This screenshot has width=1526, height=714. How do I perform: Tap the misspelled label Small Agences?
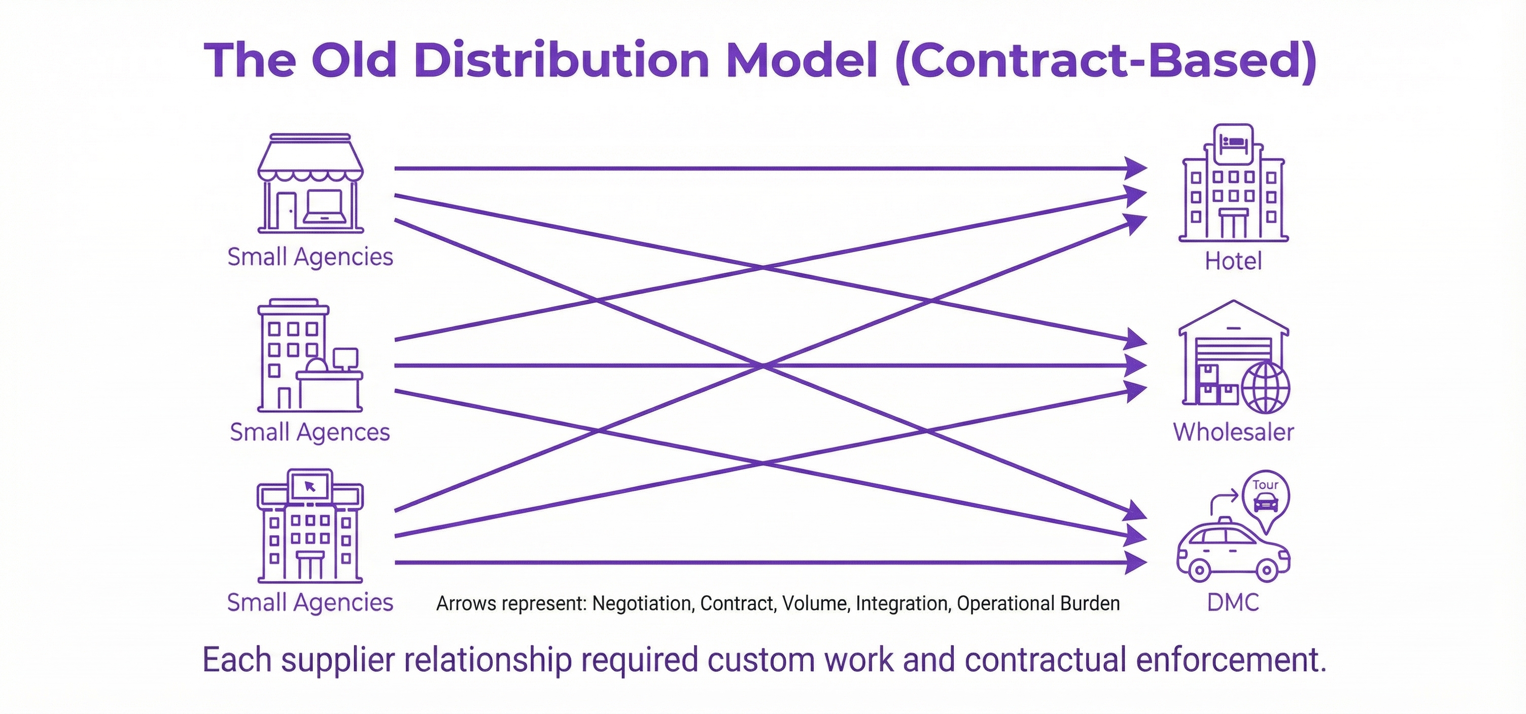[x=309, y=432]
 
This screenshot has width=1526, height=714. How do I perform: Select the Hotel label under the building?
[x=1233, y=261]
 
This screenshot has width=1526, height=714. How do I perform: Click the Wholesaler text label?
[x=1233, y=432]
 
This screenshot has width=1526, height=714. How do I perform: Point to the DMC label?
[x=1233, y=602]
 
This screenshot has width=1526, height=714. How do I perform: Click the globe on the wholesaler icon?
[x=1266, y=388]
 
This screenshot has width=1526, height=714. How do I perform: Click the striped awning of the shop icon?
[x=310, y=160]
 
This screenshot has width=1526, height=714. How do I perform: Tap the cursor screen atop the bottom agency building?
[x=310, y=486]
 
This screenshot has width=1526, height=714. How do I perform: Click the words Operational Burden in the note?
[x=1038, y=603]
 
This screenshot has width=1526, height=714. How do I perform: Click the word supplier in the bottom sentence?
[x=338, y=660]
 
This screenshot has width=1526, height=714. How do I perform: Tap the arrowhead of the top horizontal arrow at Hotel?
[x=1136, y=169]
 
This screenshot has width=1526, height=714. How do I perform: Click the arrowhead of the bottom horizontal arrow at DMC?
[x=1136, y=562]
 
